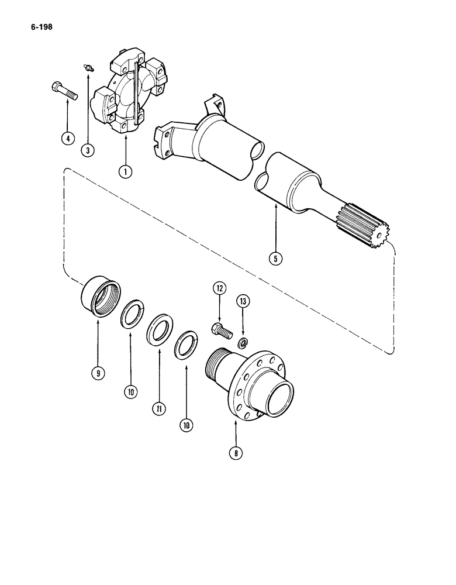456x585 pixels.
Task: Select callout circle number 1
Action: tap(125, 171)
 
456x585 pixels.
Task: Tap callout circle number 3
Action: tap(88, 150)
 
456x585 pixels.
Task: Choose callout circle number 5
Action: tap(275, 257)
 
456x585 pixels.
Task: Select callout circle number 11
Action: tap(158, 409)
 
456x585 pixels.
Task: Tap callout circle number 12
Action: tap(219, 288)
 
